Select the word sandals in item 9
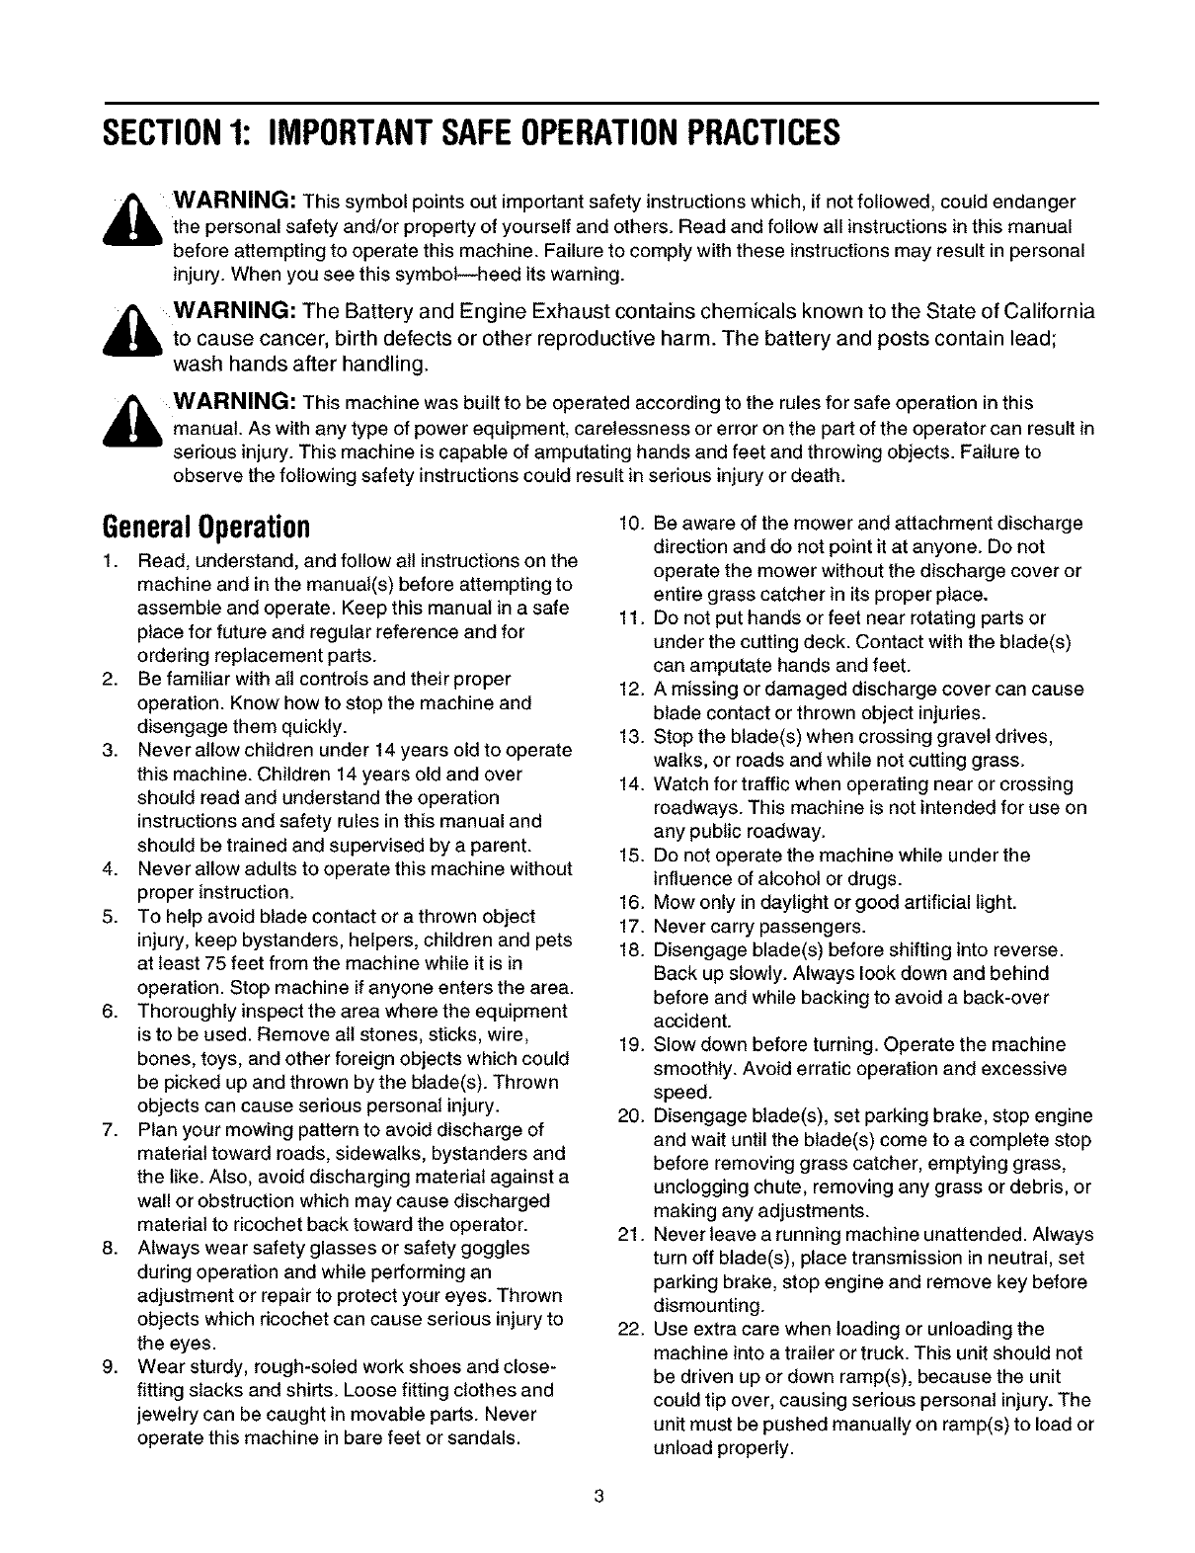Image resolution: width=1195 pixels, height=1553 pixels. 484,1438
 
